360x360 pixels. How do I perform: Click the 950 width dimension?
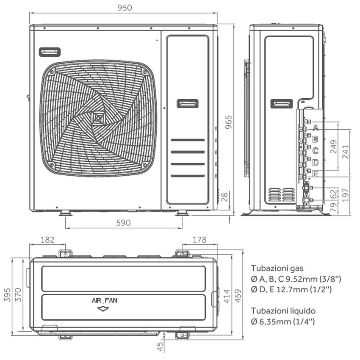123,7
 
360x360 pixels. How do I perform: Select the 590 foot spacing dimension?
123,223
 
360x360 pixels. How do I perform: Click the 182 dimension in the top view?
47,240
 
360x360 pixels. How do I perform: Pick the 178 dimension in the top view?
199,240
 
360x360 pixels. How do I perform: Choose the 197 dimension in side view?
346,194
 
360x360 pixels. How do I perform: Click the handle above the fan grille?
50,52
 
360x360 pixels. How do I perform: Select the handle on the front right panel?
187,103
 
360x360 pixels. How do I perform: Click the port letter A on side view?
316,127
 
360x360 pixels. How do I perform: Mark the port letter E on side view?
316,173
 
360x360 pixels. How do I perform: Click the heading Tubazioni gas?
277,268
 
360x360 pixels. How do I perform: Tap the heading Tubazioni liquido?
283,311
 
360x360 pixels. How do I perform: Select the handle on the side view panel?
281,104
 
